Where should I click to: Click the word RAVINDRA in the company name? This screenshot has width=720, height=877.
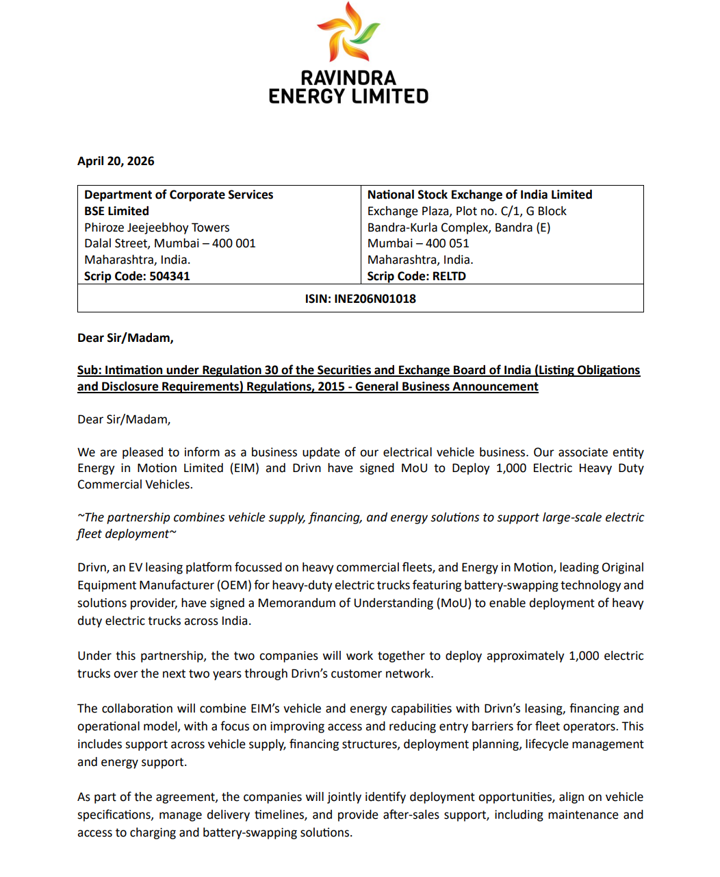(348, 78)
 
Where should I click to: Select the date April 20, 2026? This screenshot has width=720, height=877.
(116, 161)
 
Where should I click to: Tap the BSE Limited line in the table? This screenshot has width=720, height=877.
(116, 211)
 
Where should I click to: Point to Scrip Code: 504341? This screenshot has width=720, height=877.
(137, 276)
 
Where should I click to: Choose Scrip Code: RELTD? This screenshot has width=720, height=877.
(416, 276)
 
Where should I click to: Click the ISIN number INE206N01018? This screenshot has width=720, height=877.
(375, 299)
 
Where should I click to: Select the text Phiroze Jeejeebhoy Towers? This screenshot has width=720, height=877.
(157, 227)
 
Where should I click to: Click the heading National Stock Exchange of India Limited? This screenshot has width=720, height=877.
(479, 195)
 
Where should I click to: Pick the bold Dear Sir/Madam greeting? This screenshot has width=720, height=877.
(125, 338)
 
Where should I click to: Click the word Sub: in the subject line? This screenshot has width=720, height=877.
(89, 370)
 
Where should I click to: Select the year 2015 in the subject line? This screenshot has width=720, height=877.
(331, 386)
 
